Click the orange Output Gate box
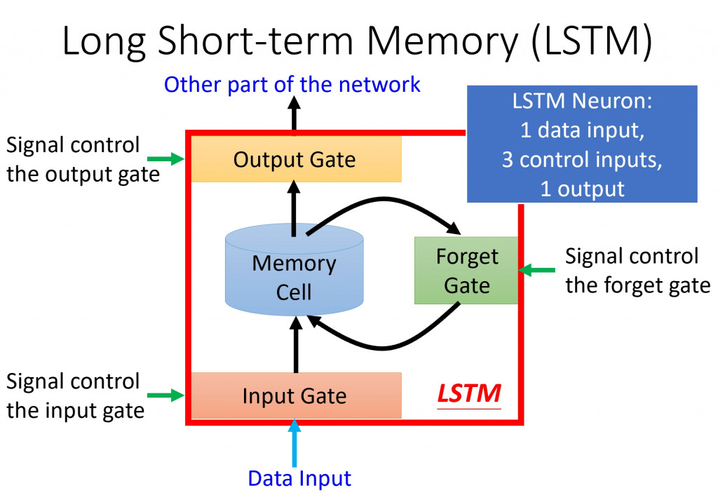(294, 159)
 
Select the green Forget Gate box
(466, 271)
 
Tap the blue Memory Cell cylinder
(294, 276)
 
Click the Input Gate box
(294, 395)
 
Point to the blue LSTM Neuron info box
(582, 144)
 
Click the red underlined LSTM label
(469, 394)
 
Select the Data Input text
(299, 479)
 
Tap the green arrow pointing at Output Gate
(170, 159)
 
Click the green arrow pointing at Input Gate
(170, 395)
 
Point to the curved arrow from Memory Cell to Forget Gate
(393, 202)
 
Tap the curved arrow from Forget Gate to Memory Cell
(386, 345)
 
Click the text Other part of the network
(292, 85)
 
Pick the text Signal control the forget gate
(637, 271)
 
